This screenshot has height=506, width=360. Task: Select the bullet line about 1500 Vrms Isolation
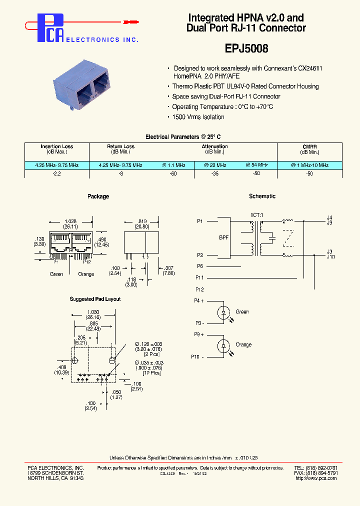pyautogui.click(x=198, y=117)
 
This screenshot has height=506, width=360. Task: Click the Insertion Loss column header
pyautogui.click(x=56, y=146)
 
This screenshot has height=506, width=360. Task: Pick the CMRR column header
pyautogui.click(x=309, y=146)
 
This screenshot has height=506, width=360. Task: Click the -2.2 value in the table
pyautogui.click(x=56, y=173)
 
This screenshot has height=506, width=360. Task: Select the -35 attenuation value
pyautogui.click(x=214, y=173)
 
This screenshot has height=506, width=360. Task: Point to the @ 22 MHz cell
pyautogui.click(x=215, y=165)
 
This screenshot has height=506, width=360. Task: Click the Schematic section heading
pyautogui.click(x=262, y=196)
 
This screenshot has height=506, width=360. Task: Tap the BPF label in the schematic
pyautogui.click(x=224, y=237)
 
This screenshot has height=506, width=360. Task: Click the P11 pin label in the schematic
pyautogui.click(x=199, y=277)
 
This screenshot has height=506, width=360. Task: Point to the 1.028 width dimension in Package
pyautogui.click(x=70, y=221)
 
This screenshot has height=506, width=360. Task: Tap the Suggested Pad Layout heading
pyautogui.click(x=95, y=299)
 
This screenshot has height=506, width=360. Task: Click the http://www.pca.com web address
pyautogui.click(x=316, y=478)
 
